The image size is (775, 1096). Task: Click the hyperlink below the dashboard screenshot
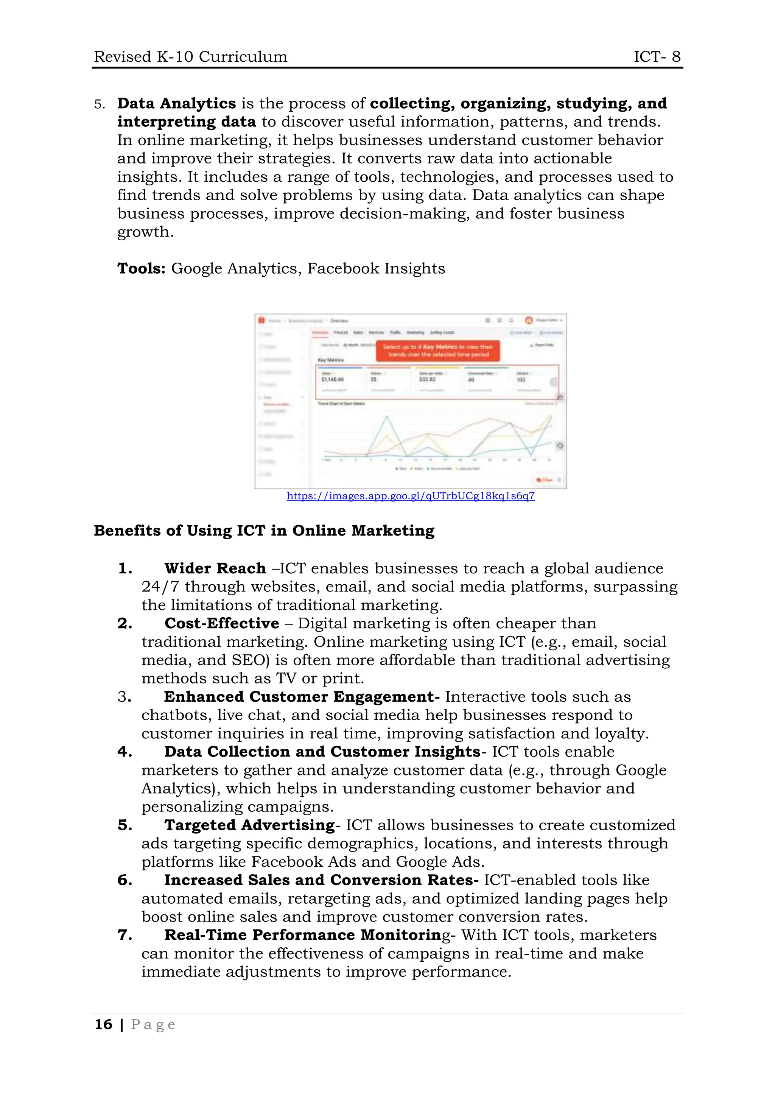point(411,496)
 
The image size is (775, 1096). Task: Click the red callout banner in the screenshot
point(438,351)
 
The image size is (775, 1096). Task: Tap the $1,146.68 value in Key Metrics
point(333,380)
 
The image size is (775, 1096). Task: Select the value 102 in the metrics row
point(521,380)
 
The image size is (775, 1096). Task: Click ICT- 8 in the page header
point(657,57)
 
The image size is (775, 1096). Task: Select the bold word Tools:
point(141,268)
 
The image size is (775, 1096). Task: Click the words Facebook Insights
point(376,268)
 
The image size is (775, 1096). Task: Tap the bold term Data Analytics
point(177,104)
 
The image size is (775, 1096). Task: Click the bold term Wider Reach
point(215,568)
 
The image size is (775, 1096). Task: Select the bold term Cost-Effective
point(221,623)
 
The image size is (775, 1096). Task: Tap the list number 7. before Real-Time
point(124,935)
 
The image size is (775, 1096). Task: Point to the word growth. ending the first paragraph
point(146,232)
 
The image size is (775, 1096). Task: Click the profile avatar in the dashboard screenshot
point(529,320)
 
